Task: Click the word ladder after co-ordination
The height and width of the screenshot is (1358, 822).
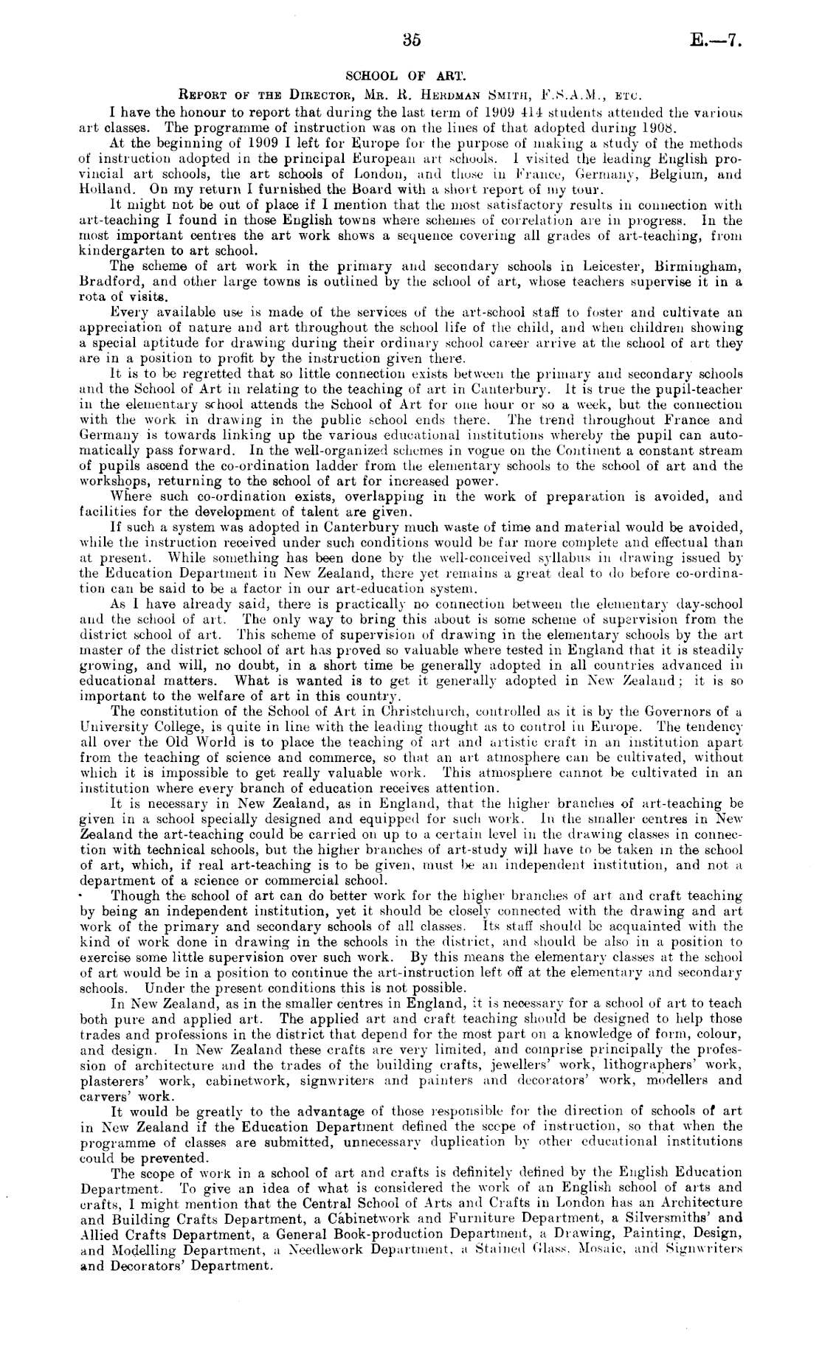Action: tap(358, 465)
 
